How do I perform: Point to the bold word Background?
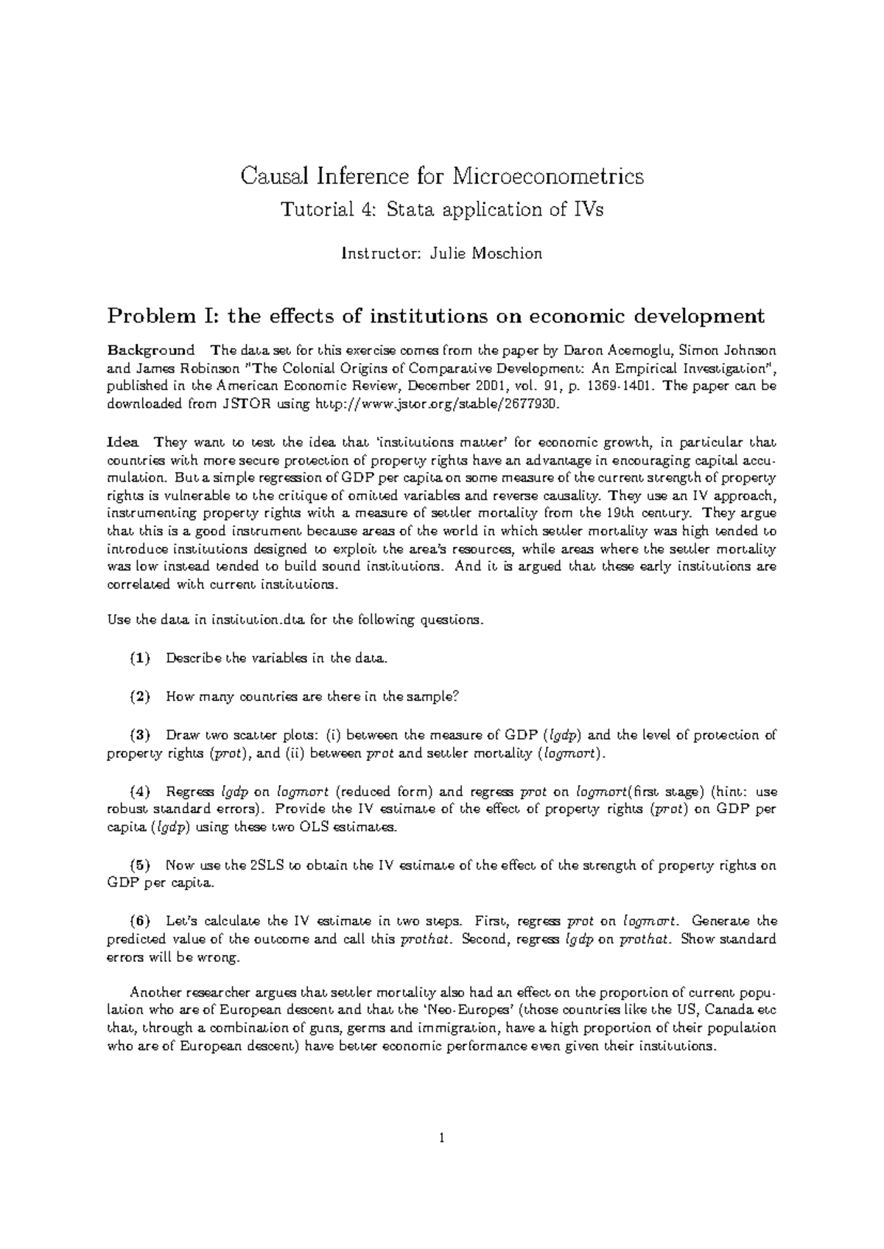[x=151, y=350]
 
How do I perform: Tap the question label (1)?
[x=140, y=658]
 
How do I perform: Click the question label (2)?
[x=140, y=697]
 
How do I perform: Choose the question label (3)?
[x=140, y=735]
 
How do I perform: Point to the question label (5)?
[x=140, y=865]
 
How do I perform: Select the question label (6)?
[x=140, y=921]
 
